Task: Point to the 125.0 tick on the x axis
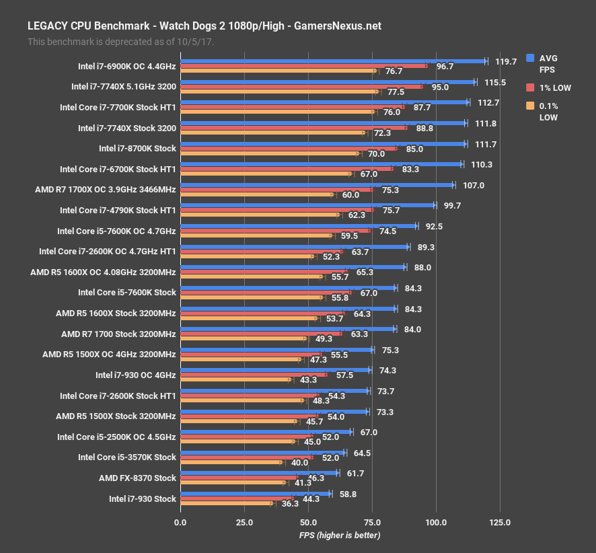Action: [500, 522]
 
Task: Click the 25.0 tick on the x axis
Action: [244, 522]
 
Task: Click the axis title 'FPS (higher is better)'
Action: [340, 535]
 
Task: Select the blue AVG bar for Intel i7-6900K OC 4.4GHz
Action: [333, 61]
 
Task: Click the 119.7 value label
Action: [505, 61]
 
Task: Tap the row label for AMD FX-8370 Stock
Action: [137, 478]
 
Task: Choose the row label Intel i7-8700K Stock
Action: [137, 149]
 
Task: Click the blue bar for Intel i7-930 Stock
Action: [256, 494]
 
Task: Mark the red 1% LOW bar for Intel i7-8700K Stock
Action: [289, 149]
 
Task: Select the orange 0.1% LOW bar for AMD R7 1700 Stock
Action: [243, 339]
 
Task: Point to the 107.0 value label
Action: [473, 185]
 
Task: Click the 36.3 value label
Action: [291, 504]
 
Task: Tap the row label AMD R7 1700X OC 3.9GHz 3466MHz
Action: [106, 190]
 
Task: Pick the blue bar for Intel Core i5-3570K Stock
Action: [262, 453]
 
